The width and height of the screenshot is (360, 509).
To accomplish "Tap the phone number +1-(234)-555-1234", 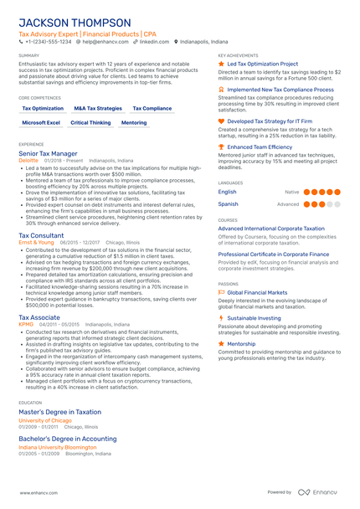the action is [x=48, y=41].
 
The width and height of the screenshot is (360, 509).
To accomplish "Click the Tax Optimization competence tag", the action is [x=43, y=108].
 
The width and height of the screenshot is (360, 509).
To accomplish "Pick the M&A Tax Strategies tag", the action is [x=98, y=108].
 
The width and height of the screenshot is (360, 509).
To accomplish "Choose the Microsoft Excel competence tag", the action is [x=41, y=122].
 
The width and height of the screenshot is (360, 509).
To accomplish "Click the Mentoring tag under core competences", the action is [x=134, y=122].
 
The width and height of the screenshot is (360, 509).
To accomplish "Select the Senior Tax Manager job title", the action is [x=49, y=154].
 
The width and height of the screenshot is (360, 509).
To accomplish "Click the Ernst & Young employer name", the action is [x=36, y=242].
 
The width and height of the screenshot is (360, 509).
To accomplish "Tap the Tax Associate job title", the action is [x=39, y=318].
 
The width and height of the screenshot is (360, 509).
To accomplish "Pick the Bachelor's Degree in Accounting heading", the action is [x=68, y=438].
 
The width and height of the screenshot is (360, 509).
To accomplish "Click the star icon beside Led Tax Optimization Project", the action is [x=221, y=64].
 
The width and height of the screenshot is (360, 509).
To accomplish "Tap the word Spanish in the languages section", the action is [x=228, y=203].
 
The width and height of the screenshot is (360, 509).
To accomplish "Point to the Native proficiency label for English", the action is [x=291, y=192].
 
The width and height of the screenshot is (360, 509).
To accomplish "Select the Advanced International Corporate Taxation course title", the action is [x=270, y=228].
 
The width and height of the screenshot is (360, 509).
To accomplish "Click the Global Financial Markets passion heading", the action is [x=257, y=292].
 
